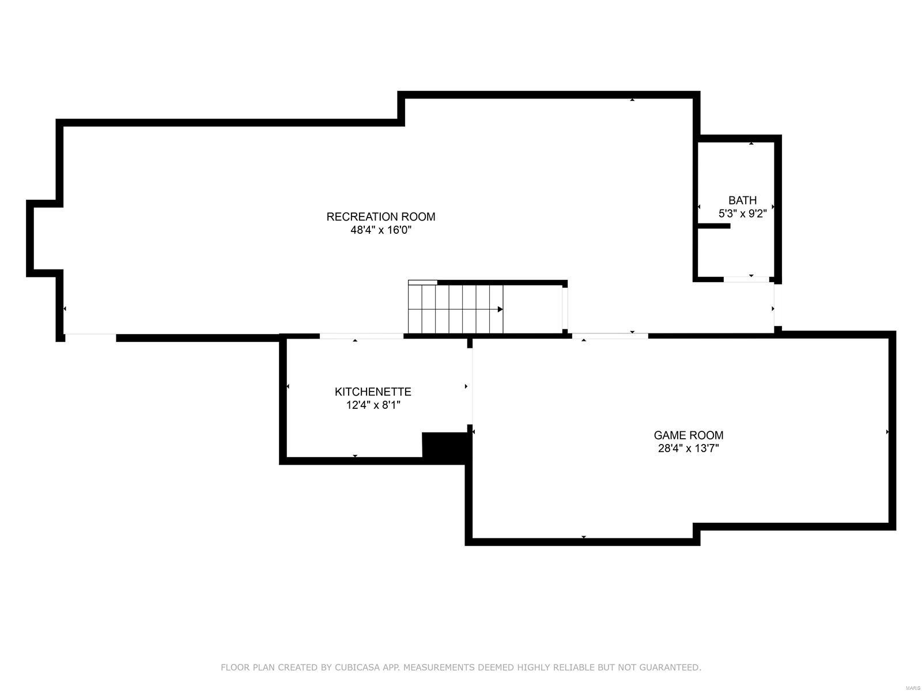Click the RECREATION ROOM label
click(381, 217)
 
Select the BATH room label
click(742, 200)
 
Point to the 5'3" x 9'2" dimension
click(742, 214)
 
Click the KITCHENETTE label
click(373, 392)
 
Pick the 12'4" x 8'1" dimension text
click(373, 405)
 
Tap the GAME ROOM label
click(688, 435)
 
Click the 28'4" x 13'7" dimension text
click(688, 449)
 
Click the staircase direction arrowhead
click(500, 309)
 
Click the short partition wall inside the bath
click(713, 226)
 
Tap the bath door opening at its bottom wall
click(746, 279)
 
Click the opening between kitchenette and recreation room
click(361, 336)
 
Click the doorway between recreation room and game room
click(610, 336)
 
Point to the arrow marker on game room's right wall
click(887, 431)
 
